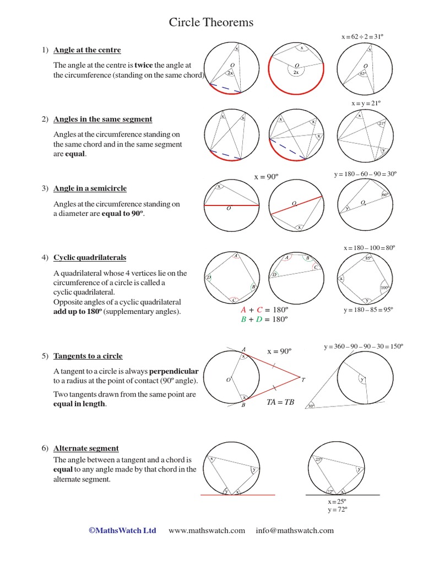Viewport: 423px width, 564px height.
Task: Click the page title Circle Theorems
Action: [x=211, y=23]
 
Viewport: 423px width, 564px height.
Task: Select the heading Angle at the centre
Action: [x=87, y=51]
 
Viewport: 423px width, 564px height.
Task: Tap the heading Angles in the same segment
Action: [x=102, y=120]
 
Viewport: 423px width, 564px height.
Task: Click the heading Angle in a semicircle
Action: [x=90, y=188]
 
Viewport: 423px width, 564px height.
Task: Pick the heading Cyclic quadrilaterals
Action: [x=90, y=258]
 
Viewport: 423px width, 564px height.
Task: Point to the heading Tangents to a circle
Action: [x=88, y=356]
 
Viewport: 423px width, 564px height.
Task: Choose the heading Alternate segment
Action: [x=86, y=448]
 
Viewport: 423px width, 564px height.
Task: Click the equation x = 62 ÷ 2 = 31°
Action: [x=362, y=36]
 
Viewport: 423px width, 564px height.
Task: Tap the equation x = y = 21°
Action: [x=366, y=104]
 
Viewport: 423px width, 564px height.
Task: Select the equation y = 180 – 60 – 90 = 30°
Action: [x=365, y=174]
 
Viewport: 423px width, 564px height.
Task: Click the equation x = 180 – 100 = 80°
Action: [x=369, y=248]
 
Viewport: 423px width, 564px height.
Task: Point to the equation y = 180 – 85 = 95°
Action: [x=368, y=310]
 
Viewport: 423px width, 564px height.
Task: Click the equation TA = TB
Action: [x=281, y=403]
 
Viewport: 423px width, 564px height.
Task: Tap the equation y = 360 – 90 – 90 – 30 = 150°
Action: [x=364, y=346]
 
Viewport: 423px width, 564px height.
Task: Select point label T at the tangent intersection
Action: [x=303, y=379]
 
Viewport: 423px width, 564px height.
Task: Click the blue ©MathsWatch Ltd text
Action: [x=122, y=531]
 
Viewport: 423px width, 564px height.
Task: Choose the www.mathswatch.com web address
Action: [x=207, y=531]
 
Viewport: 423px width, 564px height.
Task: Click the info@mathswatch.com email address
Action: [x=295, y=531]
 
